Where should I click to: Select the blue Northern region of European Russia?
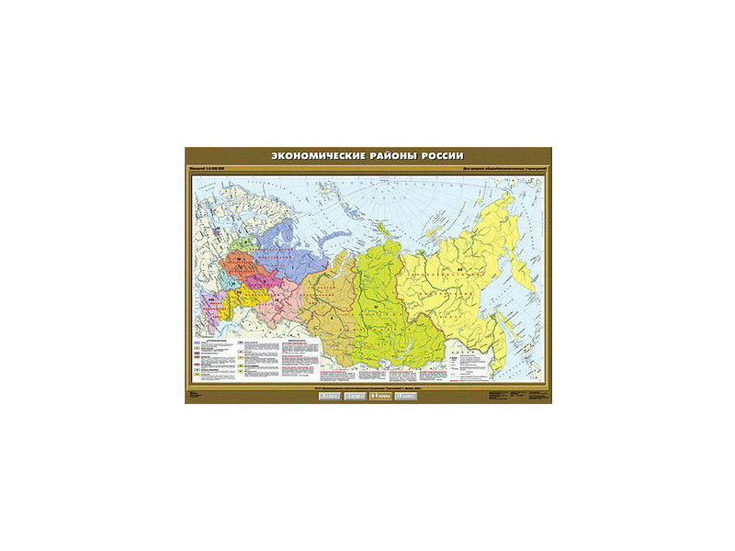pos(276,243)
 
